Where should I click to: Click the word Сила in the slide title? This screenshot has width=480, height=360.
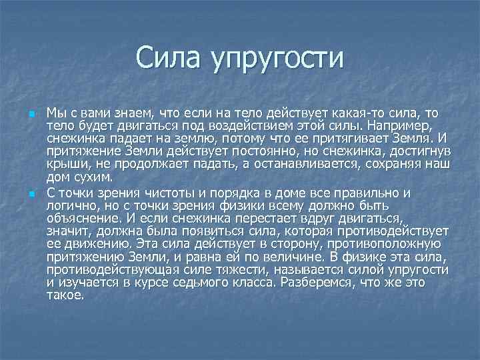pyautogui.click(x=169, y=58)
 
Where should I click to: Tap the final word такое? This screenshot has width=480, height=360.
pyautogui.click(x=65, y=295)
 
